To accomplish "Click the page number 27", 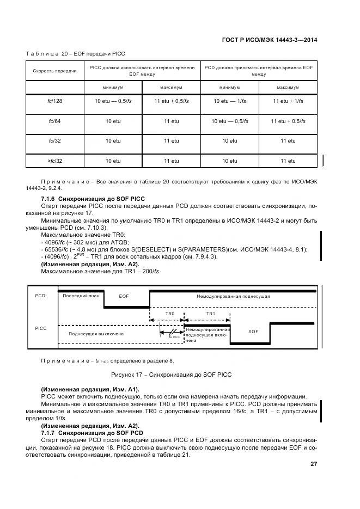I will pyautogui.click(x=314, y=464).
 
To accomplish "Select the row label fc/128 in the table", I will pyautogui.click(x=54, y=101).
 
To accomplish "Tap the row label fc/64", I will pyautogui.click(x=54, y=121).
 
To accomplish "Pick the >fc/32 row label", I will pyautogui.click(x=54, y=161).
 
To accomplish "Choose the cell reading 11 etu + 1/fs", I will pyautogui.click(x=288, y=101).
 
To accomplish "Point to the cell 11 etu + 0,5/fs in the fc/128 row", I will pyautogui.click(x=171, y=101).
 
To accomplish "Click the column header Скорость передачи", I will pyautogui.click(x=54, y=71).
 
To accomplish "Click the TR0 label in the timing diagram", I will pyautogui.click(x=169, y=315).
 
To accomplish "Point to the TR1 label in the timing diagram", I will pyautogui.click(x=211, y=315).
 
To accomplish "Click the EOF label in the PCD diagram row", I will pyautogui.click(x=124, y=296).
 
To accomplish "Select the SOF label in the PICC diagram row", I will pyautogui.click(x=253, y=331).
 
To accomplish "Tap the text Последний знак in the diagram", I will pyautogui.click(x=81, y=296).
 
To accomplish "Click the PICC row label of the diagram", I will pyautogui.click(x=41, y=328).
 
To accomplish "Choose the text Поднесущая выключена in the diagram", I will pyautogui.click(x=96, y=334).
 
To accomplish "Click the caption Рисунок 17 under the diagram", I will pyautogui.click(x=171, y=375).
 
